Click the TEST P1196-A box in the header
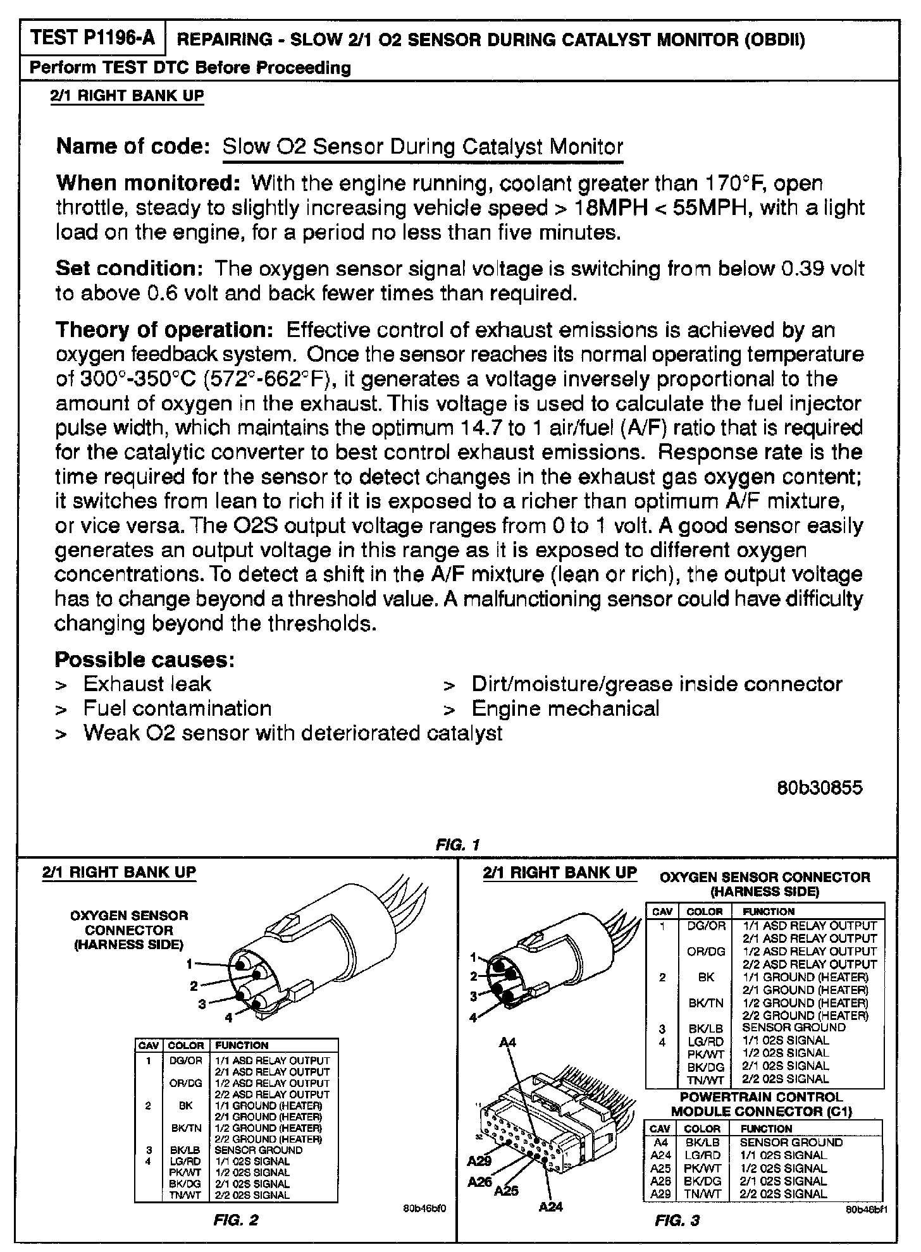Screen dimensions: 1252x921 point(92,39)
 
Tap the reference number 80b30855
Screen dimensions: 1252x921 point(819,788)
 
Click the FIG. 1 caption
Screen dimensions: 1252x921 point(458,844)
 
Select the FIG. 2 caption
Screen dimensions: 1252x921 point(236,1220)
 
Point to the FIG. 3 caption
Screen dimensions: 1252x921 point(677,1220)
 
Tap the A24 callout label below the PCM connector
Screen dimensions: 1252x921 point(551,1207)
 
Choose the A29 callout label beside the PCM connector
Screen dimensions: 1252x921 point(479,1161)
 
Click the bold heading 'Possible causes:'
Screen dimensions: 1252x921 point(145,660)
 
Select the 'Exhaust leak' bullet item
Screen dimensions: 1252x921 point(147,684)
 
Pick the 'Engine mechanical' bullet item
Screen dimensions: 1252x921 point(565,708)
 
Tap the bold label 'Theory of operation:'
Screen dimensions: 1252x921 point(164,329)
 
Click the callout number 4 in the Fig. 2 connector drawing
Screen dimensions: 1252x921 point(229,1018)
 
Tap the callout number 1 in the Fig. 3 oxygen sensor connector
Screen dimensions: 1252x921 point(474,958)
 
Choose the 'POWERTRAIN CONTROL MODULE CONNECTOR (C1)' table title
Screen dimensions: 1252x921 point(761,1104)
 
